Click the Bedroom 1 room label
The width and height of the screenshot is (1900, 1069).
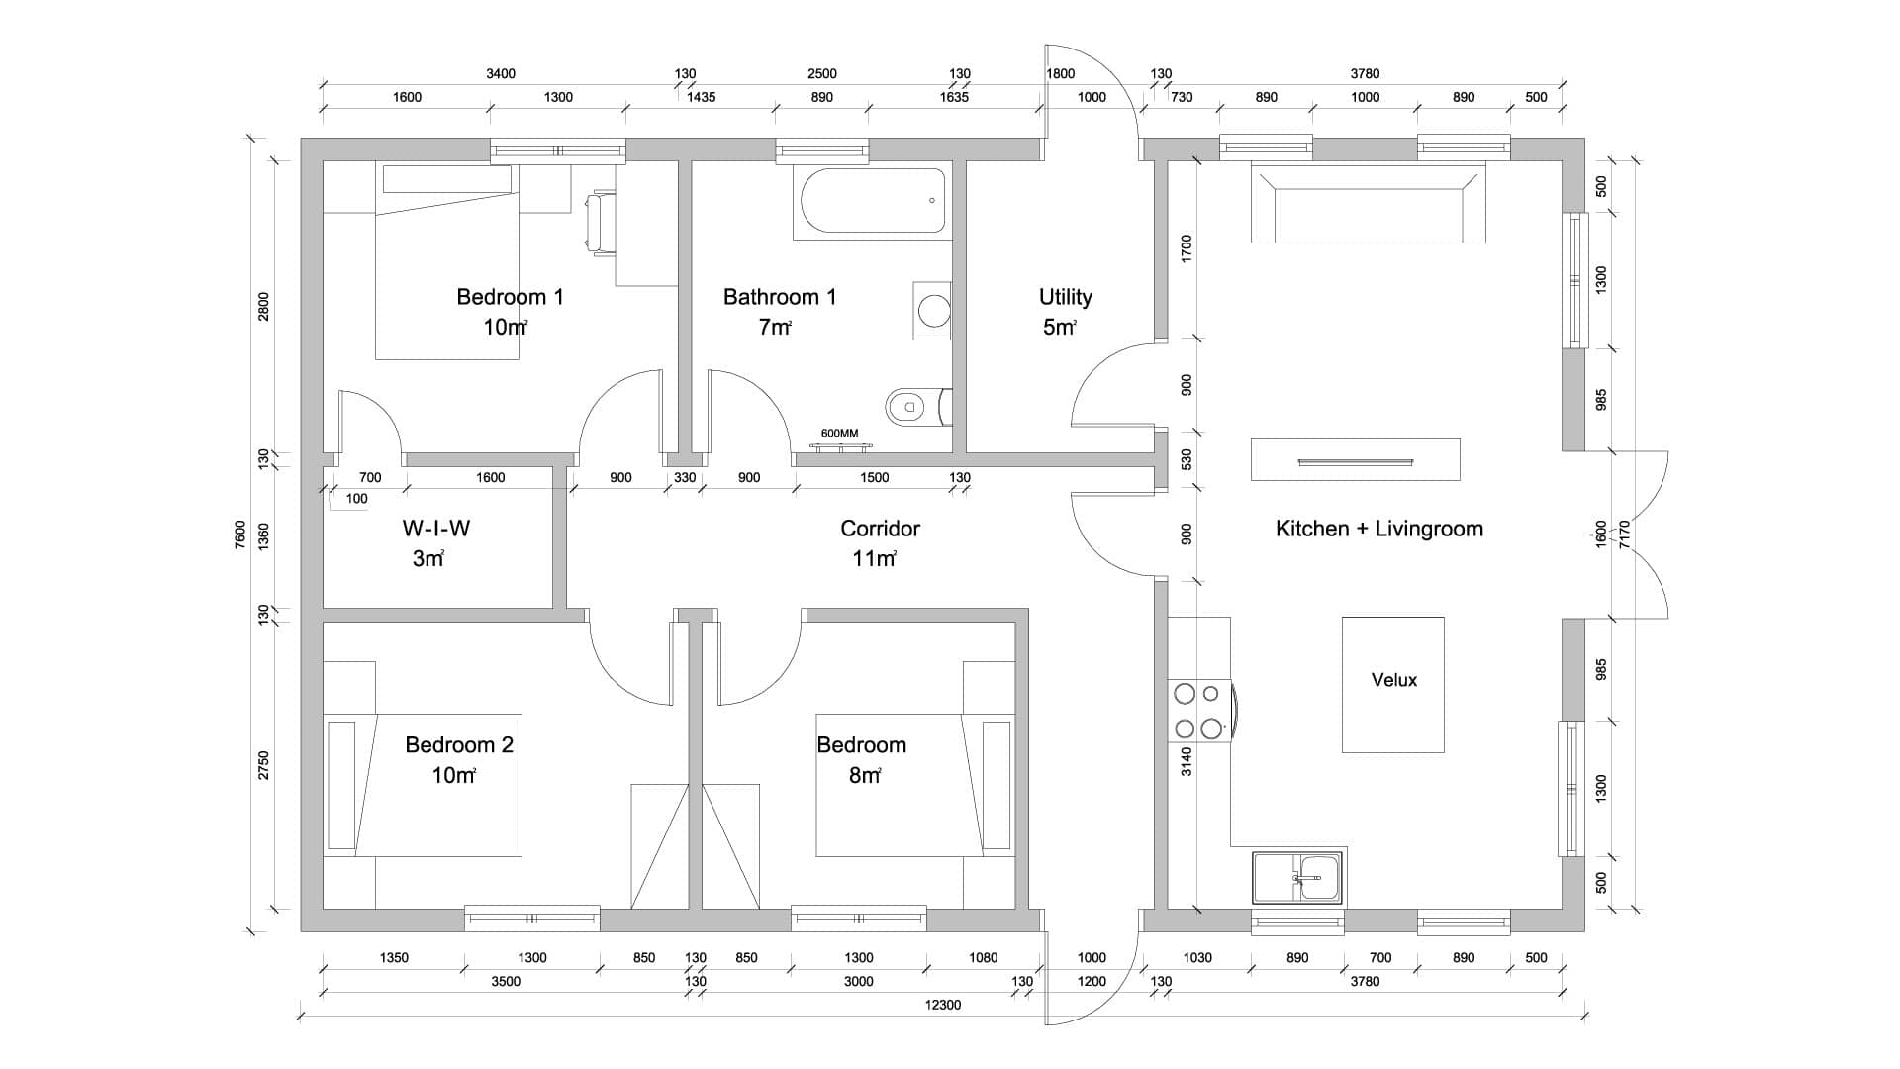click(510, 297)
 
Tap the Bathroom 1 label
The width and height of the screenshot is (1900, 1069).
click(780, 297)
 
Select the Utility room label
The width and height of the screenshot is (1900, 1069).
click(1066, 297)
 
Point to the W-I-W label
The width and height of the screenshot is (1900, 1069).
click(436, 529)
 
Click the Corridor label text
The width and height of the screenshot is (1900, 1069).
click(881, 529)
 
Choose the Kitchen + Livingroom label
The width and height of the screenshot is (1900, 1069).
click(1379, 529)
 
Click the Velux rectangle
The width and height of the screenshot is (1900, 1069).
click(1393, 685)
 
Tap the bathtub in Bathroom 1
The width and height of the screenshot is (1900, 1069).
click(870, 201)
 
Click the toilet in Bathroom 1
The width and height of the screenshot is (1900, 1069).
click(917, 405)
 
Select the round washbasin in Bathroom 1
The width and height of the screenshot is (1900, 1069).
click(932, 310)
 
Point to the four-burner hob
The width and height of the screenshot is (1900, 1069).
click(1200, 711)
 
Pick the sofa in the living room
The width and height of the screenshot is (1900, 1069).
click(1369, 203)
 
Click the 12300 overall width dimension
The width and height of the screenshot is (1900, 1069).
click(942, 1005)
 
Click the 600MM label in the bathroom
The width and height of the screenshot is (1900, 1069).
click(840, 434)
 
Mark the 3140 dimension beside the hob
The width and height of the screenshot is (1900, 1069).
click(1187, 761)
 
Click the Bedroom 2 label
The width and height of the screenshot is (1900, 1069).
click(459, 745)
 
